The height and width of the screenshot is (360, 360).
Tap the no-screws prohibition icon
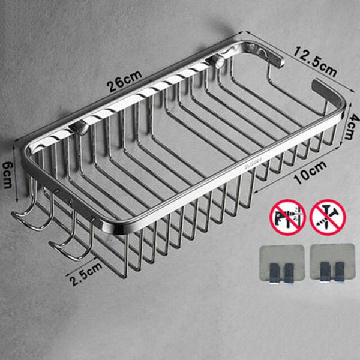point(324,217)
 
